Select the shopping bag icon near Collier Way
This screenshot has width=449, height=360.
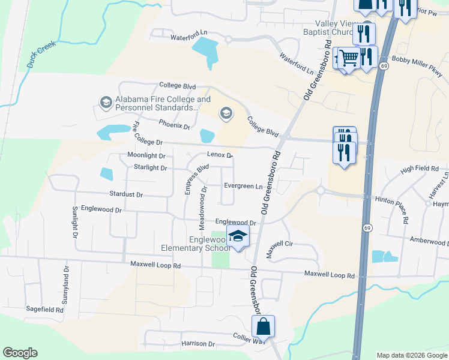263,327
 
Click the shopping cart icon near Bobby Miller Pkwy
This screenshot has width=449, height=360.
348,59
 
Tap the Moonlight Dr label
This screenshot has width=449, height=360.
146,155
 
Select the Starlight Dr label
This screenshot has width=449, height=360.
150,168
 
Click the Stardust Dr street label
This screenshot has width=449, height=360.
126,194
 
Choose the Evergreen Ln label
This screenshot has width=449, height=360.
243,186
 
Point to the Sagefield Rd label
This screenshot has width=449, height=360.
44,310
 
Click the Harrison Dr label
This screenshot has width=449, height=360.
197,344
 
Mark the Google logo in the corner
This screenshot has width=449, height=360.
20,353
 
